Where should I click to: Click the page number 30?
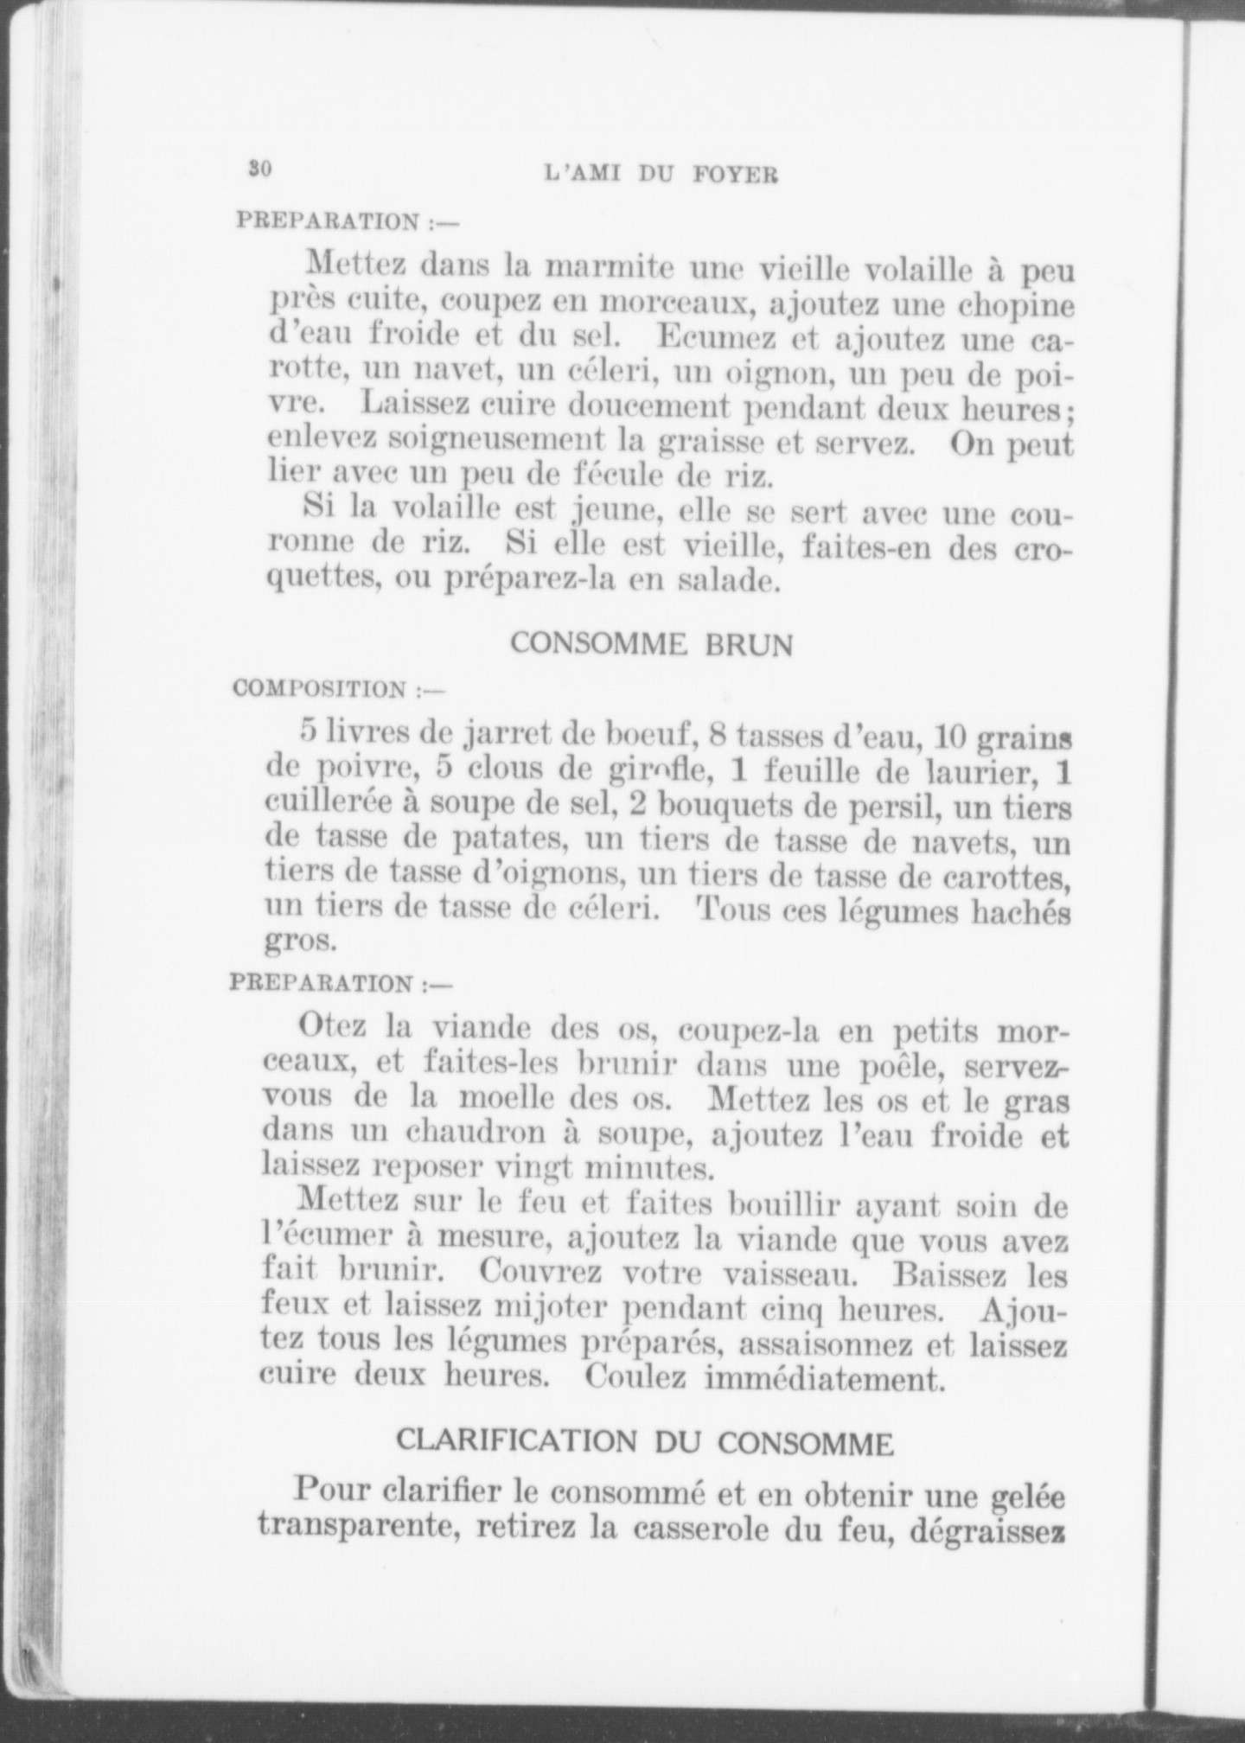(x=259, y=169)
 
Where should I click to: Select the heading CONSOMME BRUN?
(x=652, y=644)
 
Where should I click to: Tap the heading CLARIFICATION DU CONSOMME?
(x=644, y=1442)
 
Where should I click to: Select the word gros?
(x=299, y=940)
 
